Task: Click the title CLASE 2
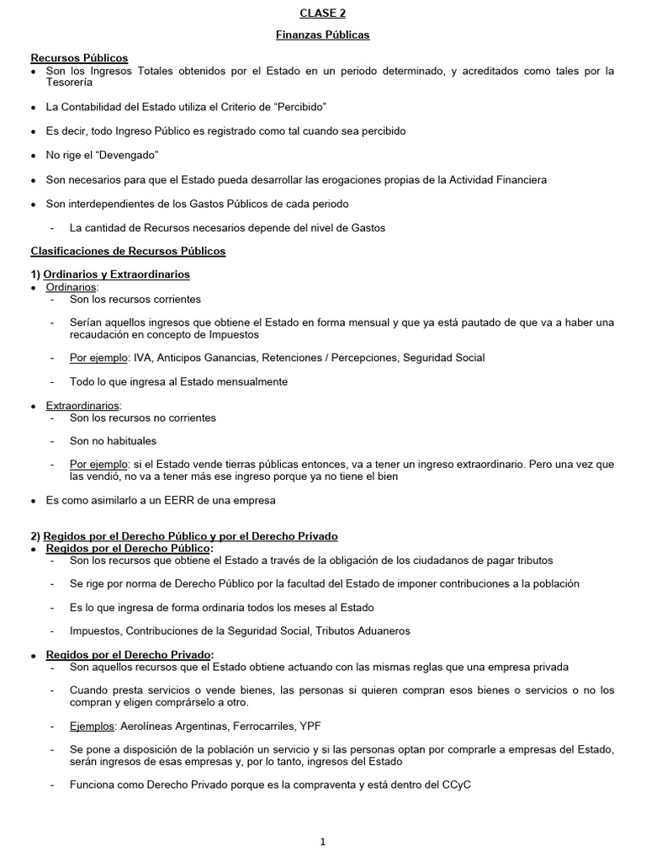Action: (x=323, y=13)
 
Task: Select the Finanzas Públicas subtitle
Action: (x=323, y=35)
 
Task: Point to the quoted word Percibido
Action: (x=299, y=108)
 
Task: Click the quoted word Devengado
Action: (x=129, y=156)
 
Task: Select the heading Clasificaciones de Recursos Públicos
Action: (x=128, y=251)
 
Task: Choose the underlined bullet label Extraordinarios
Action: (x=83, y=406)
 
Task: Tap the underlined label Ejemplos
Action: (x=93, y=726)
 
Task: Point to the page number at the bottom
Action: (x=323, y=841)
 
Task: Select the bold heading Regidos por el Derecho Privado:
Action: (x=130, y=655)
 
